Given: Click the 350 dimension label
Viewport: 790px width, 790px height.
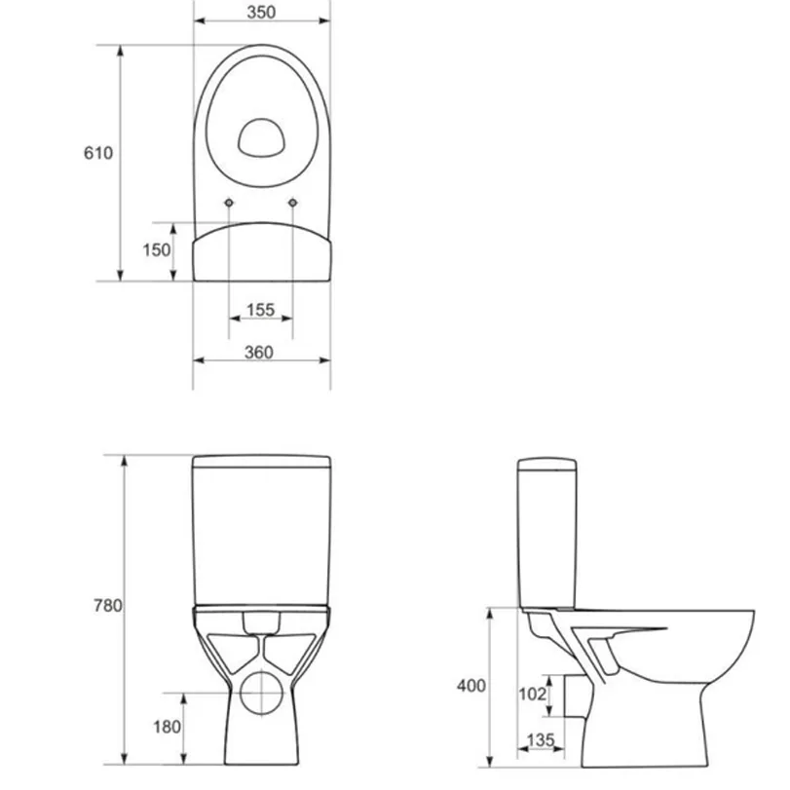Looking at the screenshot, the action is [261, 12].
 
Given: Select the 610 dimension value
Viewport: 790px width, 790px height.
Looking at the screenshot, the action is [98, 153].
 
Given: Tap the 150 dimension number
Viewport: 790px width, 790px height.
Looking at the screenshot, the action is [156, 250].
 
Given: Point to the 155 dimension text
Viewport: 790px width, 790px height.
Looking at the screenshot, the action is [260, 310].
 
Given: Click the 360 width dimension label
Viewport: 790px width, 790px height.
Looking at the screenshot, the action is [259, 353].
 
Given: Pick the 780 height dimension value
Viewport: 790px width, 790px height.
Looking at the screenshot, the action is [108, 605].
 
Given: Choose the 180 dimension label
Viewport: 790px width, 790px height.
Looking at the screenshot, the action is [167, 727].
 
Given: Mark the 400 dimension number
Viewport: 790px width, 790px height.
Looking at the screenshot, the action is [471, 686].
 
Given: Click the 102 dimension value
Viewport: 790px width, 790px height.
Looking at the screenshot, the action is [532, 695].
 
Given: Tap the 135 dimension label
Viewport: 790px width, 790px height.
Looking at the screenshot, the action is [541, 739].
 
